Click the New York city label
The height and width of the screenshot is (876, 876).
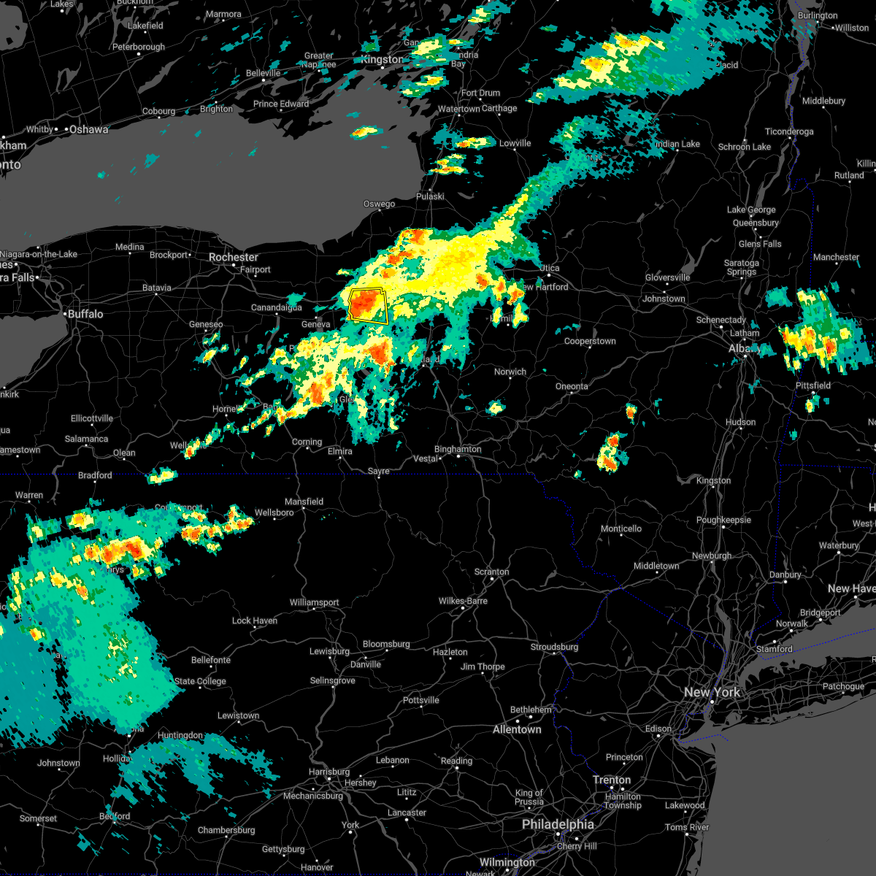[x=712, y=692]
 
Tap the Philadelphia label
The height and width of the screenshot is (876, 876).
[x=558, y=824]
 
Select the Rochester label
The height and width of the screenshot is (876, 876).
[x=234, y=257]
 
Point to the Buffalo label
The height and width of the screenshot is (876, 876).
[x=85, y=314]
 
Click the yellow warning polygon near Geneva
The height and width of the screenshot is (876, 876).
[x=368, y=305]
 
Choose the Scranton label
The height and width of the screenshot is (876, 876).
[x=491, y=572]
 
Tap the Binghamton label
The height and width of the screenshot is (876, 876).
[x=458, y=449]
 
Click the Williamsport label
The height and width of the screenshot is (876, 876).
[x=314, y=602]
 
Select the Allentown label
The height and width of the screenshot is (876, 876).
[x=517, y=729]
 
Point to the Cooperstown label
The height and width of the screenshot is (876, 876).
[x=590, y=341]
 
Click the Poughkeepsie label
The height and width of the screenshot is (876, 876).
[x=723, y=520]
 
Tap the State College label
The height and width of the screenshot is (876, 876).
[x=200, y=681]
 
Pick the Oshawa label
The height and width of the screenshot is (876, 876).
[x=88, y=129]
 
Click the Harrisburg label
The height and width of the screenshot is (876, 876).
[x=329, y=772]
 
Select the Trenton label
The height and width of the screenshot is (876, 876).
[x=612, y=780]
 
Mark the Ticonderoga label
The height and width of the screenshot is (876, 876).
[x=789, y=131]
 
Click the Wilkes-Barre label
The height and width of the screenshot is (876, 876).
[x=463, y=601]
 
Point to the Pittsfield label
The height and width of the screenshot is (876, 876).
[x=813, y=385]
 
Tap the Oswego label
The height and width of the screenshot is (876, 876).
[x=380, y=204]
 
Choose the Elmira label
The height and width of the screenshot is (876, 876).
[x=339, y=451]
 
